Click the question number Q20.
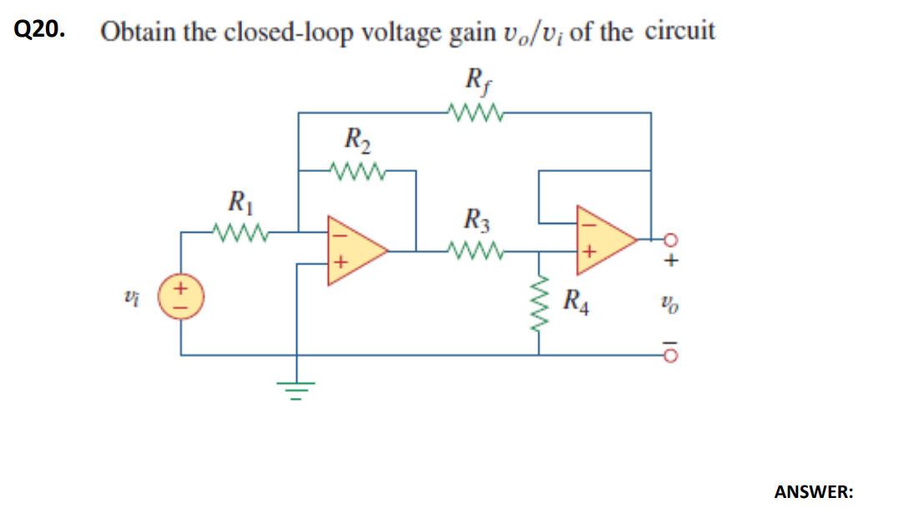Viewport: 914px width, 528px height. tap(38, 30)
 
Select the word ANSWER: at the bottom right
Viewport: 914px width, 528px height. tap(814, 492)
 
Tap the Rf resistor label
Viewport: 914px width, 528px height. tap(474, 83)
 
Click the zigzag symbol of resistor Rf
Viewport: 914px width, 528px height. tap(474, 112)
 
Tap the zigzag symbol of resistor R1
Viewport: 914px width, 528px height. tap(239, 230)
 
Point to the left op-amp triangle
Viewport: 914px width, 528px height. tap(355, 249)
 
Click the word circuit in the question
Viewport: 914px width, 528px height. tap(679, 32)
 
